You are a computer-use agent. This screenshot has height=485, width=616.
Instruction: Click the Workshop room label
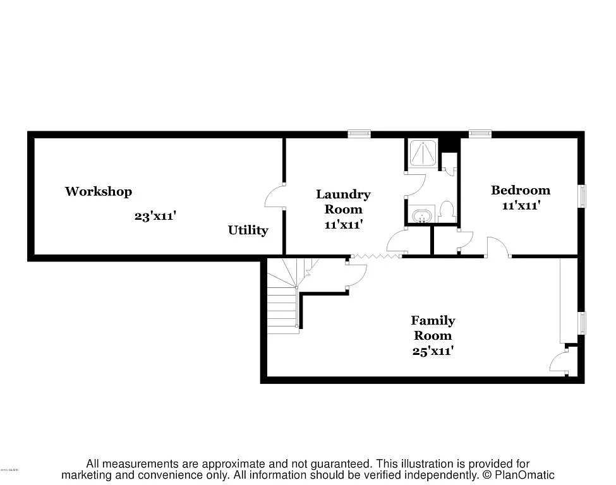pyautogui.click(x=98, y=191)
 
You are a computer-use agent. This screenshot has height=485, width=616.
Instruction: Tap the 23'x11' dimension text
pyautogui.click(x=155, y=216)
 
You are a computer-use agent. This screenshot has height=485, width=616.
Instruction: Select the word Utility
pyautogui.click(x=248, y=231)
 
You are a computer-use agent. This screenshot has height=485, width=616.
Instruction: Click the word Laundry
pyautogui.click(x=343, y=195)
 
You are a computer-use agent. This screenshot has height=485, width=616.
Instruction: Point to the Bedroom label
pyautogui.click(x=521, y=190)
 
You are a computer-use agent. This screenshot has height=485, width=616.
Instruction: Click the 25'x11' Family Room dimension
pyautogui.click(x=433, y=351)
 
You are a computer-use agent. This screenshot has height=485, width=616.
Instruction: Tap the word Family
pyautogui.click(x=433, y=321)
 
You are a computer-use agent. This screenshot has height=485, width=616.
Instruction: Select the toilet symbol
pyautogui.click(x=447, y=212)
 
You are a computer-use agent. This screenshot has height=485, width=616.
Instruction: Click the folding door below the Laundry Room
pyautogui.click(x=375, y=256)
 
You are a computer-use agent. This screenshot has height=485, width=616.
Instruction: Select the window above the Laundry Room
pyautogui.click(x=359, y=133)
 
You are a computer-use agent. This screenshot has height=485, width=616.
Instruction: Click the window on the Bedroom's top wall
pyautogui.click(x=480, y=133)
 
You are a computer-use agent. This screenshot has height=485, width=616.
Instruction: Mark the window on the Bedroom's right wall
pyautogui.click(x=582, y=196)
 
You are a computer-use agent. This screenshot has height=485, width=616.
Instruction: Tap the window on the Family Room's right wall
pyautogui.click(x=582, y=322)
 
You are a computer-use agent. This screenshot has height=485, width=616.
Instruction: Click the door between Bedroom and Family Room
pyautogui.click(x=498, y=248)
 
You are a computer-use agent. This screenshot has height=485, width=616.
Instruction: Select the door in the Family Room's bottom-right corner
pyautogui.click(x=560, y=364)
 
